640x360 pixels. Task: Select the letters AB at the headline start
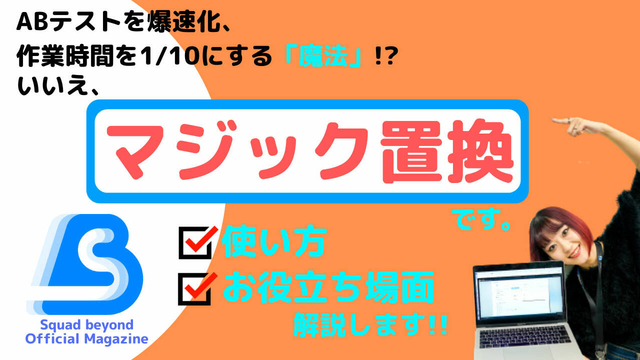click(32, 22)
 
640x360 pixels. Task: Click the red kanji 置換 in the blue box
click(447, 151)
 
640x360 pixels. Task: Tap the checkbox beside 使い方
click(195, 243)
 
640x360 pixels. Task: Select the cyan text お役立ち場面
click(328, 287)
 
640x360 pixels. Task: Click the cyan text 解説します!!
click(370, 324)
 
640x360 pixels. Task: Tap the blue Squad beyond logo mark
click(85, 264)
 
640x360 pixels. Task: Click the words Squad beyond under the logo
click(86, 325)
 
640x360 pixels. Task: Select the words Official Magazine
click(86, 339)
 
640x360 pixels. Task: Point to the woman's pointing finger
click(561, 121)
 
